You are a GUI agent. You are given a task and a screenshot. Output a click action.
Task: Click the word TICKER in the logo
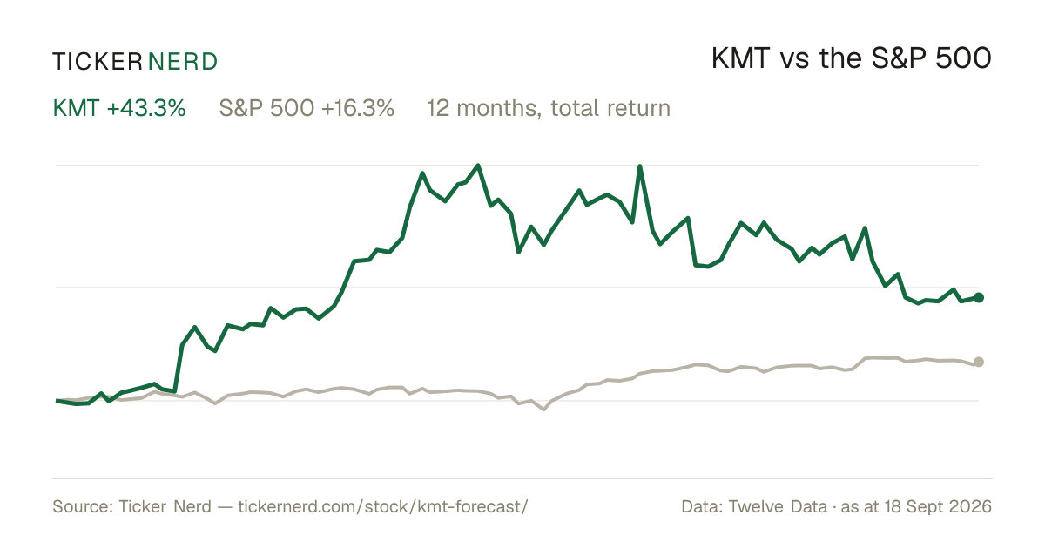[97, 62]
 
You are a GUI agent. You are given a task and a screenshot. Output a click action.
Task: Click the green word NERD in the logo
[183, 62]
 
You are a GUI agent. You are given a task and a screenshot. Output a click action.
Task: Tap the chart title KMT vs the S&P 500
[852, 58]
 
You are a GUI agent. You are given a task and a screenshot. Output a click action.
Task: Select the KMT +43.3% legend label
[119, 108]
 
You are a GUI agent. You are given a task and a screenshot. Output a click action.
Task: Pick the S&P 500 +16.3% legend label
[307, 108]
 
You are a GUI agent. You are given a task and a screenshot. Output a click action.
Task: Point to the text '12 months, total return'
[549, 108]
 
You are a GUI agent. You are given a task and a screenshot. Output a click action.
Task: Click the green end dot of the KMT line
[979, 297]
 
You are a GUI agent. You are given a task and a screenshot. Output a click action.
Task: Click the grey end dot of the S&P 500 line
[979, 362]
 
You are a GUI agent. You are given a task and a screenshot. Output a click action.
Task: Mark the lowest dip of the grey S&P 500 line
[543, 410]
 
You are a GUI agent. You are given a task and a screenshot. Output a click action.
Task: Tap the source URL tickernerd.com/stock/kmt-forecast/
[383, 506]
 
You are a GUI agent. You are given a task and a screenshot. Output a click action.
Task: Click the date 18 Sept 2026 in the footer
[938, 506]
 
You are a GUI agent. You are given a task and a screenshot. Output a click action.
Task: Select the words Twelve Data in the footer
[778, 506]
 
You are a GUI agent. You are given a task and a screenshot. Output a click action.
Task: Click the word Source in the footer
[80, 506]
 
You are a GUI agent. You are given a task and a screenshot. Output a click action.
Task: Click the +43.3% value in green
[146, 108]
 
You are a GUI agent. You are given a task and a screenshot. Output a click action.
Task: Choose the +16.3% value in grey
[358, 108]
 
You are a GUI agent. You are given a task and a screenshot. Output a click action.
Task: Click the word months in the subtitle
[499, 108]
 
